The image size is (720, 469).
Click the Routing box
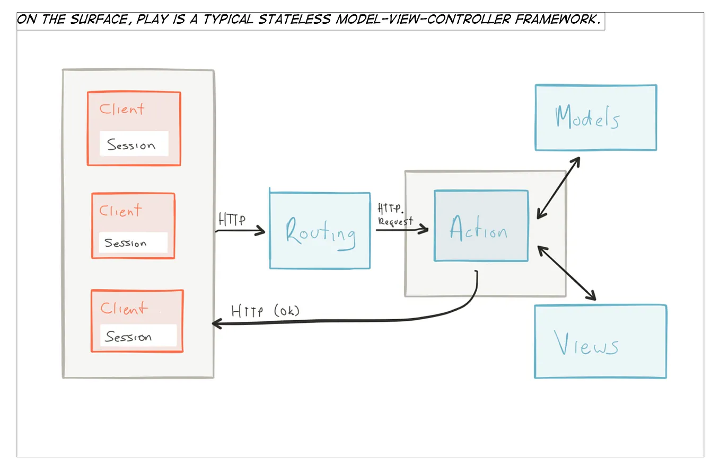point(320,231)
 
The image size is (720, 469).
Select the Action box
point(481,226)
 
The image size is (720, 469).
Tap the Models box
point(595,118)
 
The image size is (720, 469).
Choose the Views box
point(600,341)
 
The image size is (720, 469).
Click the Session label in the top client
point(134,144)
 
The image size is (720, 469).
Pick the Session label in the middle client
point(133,243)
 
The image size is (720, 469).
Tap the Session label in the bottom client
point(138,336)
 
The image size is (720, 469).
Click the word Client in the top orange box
point(121,109)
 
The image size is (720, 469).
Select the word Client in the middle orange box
point(120,211)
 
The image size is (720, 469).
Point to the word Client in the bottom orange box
point(124,308)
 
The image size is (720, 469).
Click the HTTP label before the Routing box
point(232,220)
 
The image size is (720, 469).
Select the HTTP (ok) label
point(265,311)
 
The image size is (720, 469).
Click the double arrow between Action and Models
point(558,187)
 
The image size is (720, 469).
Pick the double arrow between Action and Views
point(567,273)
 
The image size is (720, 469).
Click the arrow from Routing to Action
point(402,229)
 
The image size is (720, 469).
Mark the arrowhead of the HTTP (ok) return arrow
point(216,324)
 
